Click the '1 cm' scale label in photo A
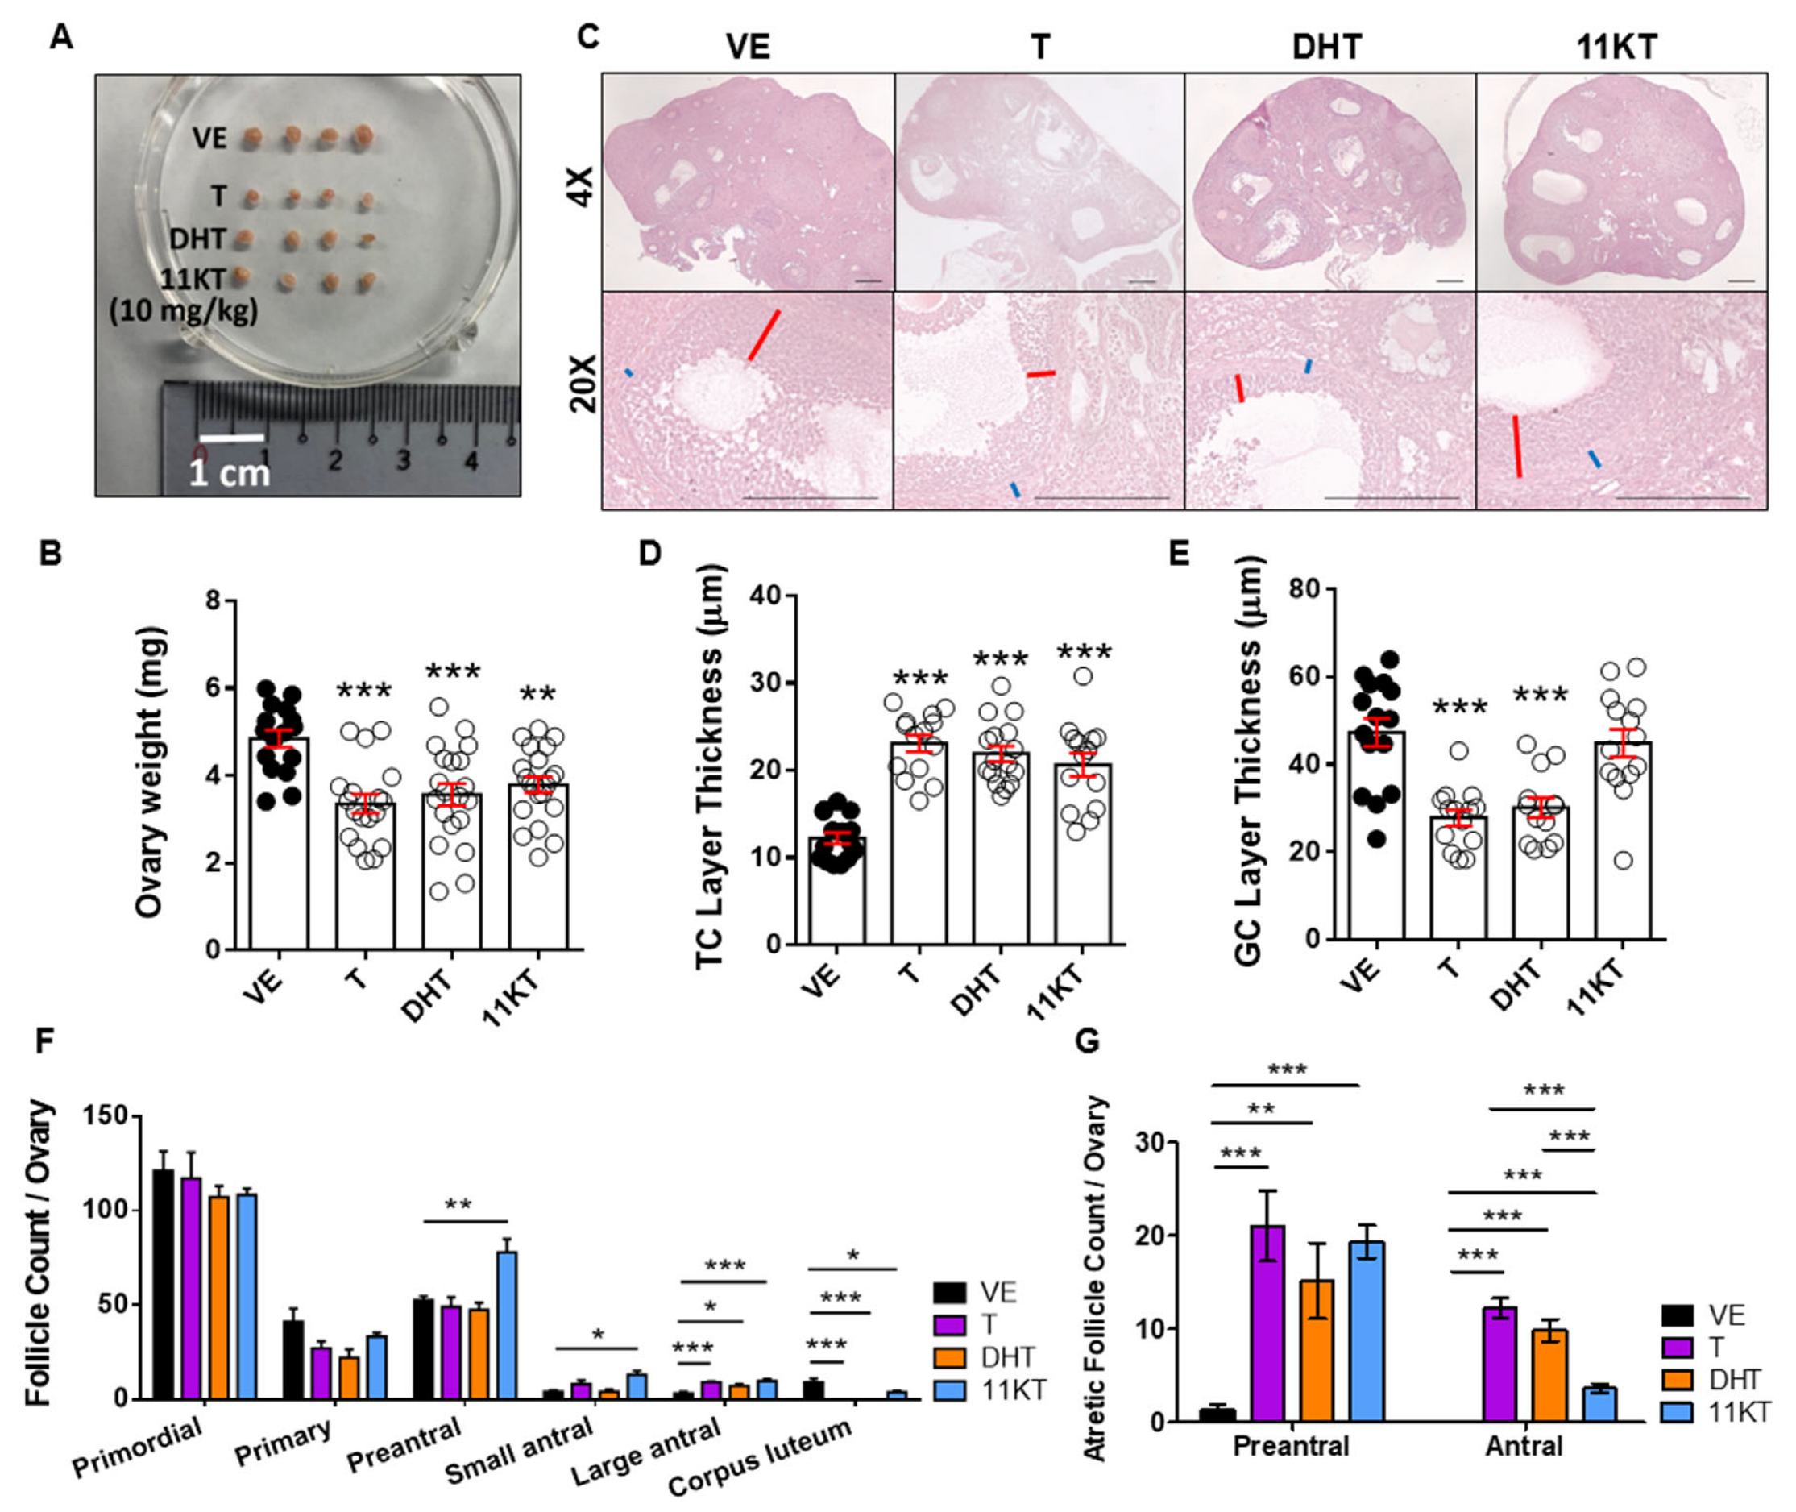click(229, 472)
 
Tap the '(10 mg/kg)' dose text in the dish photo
click(184, 310)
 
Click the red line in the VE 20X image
click(764, 335)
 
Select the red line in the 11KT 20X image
click(1516, 446)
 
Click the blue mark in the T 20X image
click(1014, 489)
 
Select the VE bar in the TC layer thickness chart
click(837, 891)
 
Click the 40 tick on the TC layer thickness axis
click(765, 595)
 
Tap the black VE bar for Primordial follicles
click(163, 1285)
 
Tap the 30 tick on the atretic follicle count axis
click(1151, 1143)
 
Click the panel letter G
click(1086, 1041)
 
